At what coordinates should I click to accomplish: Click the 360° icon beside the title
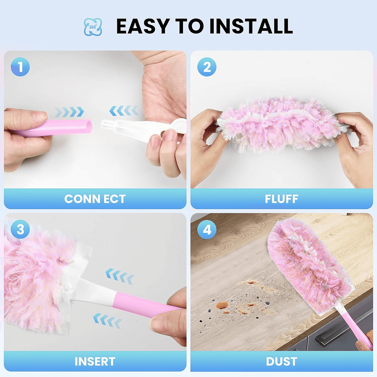[x=93, y=27]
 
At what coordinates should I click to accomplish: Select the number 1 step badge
[x=20, y=67]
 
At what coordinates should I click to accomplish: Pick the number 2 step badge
[x=207, y=67]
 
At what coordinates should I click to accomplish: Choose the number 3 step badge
[x=20, y=229]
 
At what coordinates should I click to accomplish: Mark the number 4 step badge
[x=207, y=230]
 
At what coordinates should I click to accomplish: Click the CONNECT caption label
[x=95, y=199]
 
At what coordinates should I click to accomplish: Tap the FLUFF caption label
[x=282, y=199]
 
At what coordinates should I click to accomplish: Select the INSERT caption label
[x=95, y=362]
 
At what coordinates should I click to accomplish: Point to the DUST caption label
[x=282, y=362]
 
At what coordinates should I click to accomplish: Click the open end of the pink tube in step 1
[x=88, y=127]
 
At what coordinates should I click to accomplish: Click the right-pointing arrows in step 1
[x=69, y=112]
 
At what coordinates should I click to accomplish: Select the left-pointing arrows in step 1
[x=124, y=111]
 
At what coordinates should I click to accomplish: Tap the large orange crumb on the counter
[x=222, y=305]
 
